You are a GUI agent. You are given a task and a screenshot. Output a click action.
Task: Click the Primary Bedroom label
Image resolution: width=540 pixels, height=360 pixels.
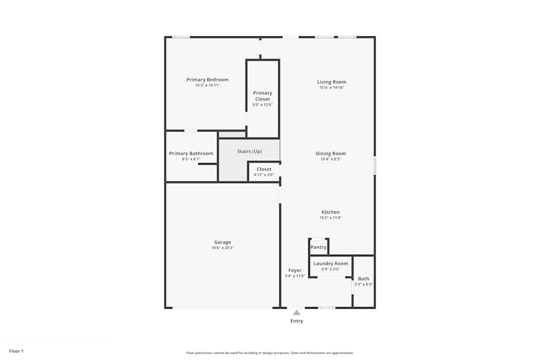point(207,80)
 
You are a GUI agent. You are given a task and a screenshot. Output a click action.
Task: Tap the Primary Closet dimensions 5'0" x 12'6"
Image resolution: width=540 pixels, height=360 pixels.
point(262,105)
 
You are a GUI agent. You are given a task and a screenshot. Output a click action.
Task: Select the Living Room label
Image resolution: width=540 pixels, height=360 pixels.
point(332,82)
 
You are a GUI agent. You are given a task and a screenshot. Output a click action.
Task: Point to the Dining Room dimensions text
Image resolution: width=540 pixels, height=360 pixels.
point(331,159)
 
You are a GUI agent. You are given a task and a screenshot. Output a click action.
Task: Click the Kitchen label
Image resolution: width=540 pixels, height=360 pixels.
point(330,212)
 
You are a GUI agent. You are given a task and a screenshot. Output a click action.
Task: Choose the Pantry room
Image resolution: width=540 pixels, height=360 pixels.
point(319,247)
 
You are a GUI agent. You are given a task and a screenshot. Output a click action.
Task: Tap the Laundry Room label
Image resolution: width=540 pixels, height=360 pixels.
point(330,263)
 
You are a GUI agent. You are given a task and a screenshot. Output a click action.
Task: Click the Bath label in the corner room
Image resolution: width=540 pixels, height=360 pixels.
point(363,279)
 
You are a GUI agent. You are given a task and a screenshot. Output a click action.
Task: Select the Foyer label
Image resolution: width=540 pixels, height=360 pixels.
point(295,270)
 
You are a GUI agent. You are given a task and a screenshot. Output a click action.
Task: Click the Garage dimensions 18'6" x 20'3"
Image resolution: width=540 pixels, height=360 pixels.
point(222,248)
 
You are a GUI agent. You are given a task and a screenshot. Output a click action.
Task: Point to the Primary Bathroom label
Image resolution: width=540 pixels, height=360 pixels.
point(191,153)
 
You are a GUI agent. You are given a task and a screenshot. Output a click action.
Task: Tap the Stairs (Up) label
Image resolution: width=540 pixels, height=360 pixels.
point(249,151)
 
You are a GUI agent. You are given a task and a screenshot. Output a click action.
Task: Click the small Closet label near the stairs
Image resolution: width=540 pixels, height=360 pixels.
point(264,169)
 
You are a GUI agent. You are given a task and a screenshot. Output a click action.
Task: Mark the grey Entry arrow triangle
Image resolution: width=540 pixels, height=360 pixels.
point(296,312)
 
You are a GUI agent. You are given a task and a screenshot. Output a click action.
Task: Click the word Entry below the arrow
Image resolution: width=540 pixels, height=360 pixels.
point(296,321)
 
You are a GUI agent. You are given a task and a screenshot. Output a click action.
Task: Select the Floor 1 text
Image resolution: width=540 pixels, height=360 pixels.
point(16,351)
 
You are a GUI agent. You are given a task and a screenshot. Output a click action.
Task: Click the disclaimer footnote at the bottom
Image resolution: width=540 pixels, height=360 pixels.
point(270,352)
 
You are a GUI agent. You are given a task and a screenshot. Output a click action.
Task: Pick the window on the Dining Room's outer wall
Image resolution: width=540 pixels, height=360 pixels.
point(375,165)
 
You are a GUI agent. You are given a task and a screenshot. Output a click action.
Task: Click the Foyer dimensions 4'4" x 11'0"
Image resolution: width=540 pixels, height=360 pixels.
point(295,276)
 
